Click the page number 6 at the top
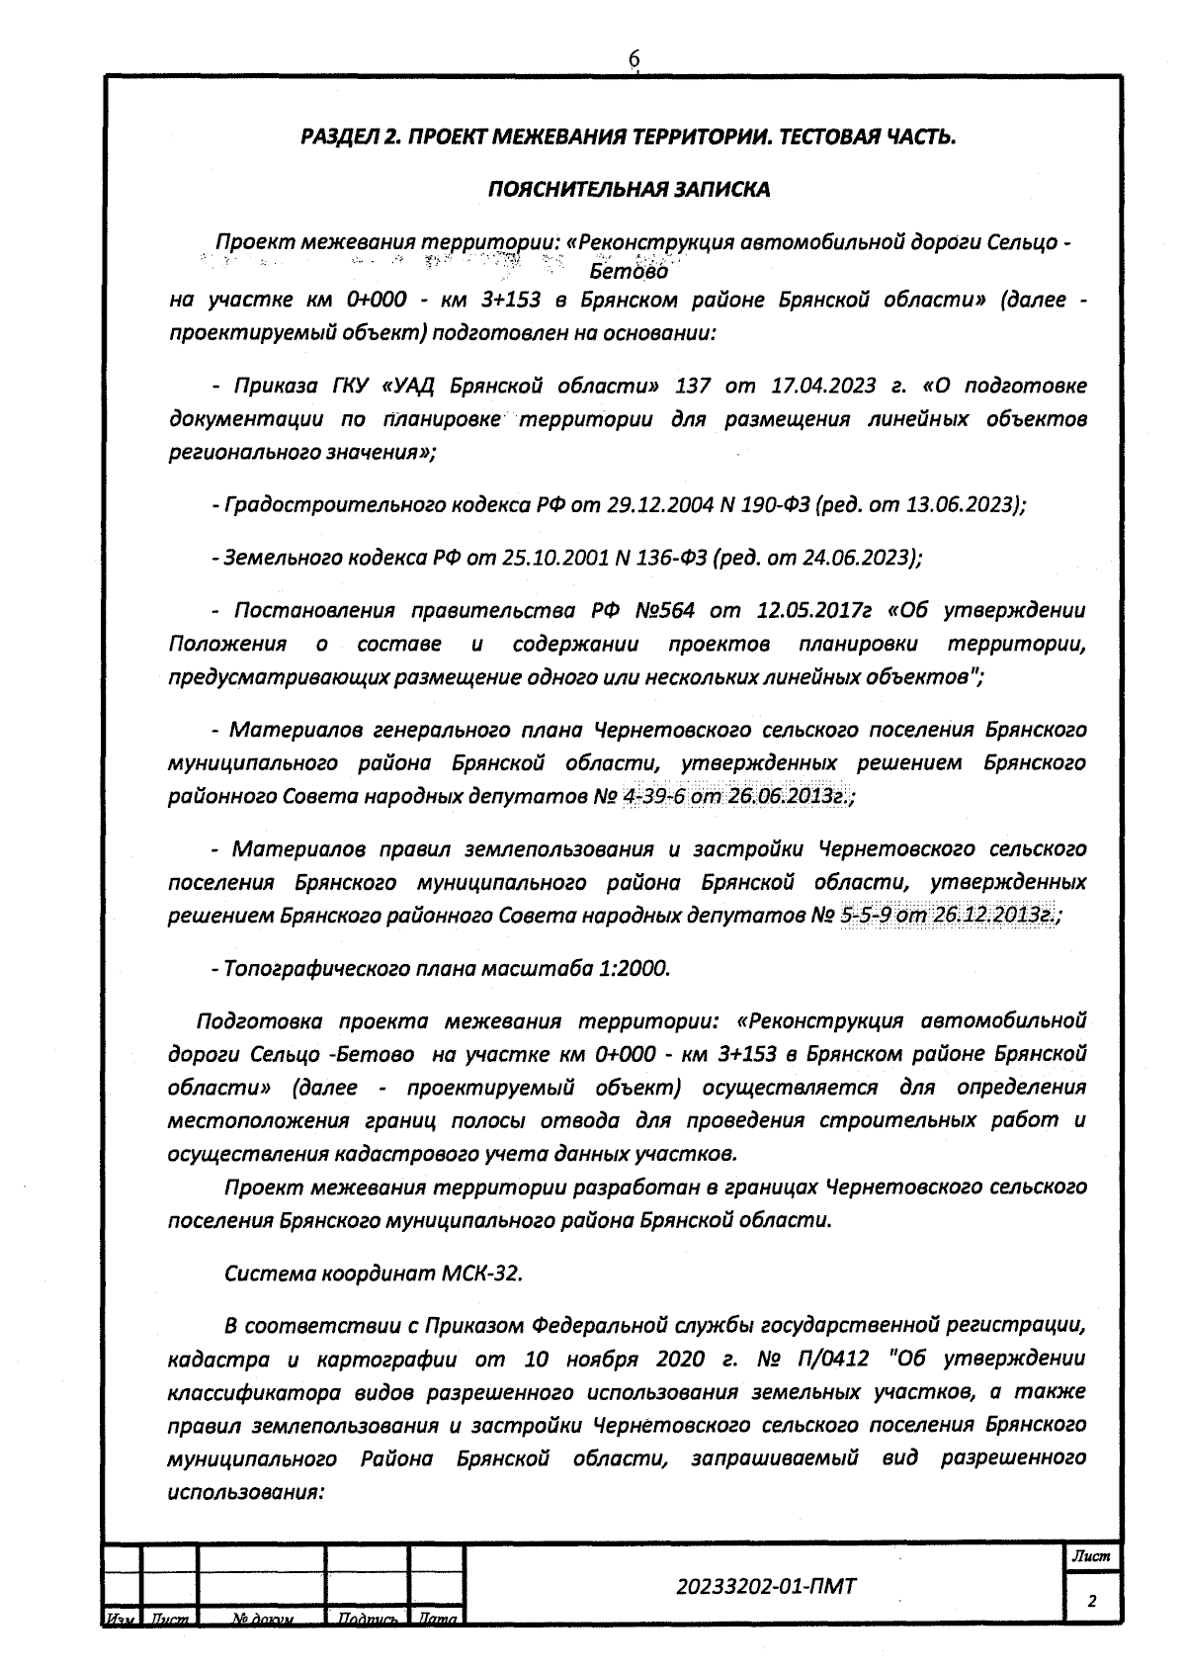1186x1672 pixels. tap(635, 60)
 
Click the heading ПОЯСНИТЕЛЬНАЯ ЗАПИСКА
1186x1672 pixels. tap(629, 189)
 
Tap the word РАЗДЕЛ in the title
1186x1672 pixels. tap(340, 136)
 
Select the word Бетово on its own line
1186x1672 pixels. tap(629, 270)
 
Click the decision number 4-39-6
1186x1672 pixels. tap(654, 797)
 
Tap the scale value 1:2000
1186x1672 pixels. tap(634, 968)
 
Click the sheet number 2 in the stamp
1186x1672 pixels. tap(1091, 1602)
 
